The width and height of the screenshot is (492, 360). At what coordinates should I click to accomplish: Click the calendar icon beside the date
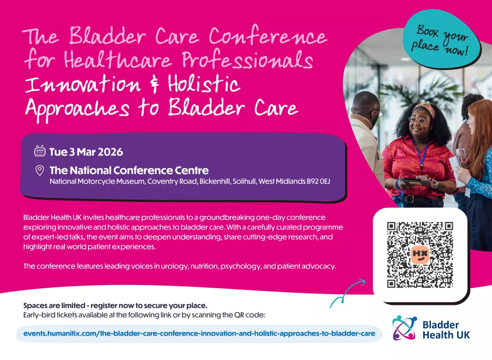coord(40,151)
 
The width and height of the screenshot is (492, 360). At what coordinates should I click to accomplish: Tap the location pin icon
coord(40,170)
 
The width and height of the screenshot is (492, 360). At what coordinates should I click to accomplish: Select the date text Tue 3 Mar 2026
coord(86,152)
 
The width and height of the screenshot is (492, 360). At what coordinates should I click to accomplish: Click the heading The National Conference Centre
coord(129,170)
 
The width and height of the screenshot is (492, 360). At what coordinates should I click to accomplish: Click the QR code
coord(420,255)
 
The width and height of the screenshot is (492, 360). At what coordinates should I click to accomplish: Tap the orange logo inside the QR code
coord(420,255)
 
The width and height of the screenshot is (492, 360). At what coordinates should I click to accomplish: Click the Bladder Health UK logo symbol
coord(404,327)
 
